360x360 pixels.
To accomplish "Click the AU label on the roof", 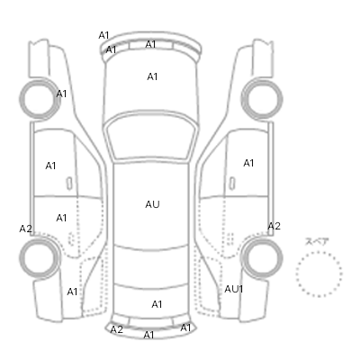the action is [x=152, y=204].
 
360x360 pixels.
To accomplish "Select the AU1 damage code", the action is [x=234, y=289].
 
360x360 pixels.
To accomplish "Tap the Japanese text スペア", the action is [x=317, y=241].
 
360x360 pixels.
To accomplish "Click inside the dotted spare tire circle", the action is [x=319, y=274].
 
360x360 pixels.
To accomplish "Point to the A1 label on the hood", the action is [x=152, y=76].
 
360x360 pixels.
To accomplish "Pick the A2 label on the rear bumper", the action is [x=117, y=329].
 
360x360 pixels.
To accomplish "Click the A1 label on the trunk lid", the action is [x=157, y=304].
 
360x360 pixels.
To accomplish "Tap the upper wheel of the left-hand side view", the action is [x=40, y=99].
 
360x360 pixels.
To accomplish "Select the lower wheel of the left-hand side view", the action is [x=40, y=258].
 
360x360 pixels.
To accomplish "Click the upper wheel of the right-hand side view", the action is [x=262, y=99].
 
